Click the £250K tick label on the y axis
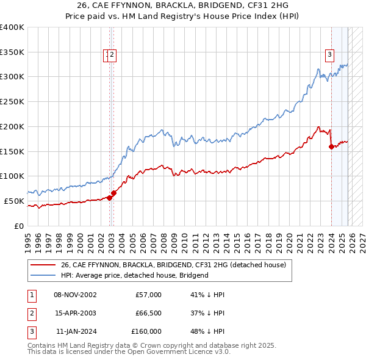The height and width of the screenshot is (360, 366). pyautogui.click(x=12, y=101)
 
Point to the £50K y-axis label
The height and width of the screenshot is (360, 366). pyautogui.click(x=14, y=201)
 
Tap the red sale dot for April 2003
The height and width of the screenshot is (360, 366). pyautogui.click(x=113, y=193)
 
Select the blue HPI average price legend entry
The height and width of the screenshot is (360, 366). pyautogui.click(x=134, y=275)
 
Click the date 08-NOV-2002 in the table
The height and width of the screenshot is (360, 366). pyautogui.click(x=75, y=295)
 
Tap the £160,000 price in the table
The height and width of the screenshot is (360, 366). pyautogui.click(x=146, y=331)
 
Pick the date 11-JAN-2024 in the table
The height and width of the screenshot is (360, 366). pyautogui.click(x=75, y=331)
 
